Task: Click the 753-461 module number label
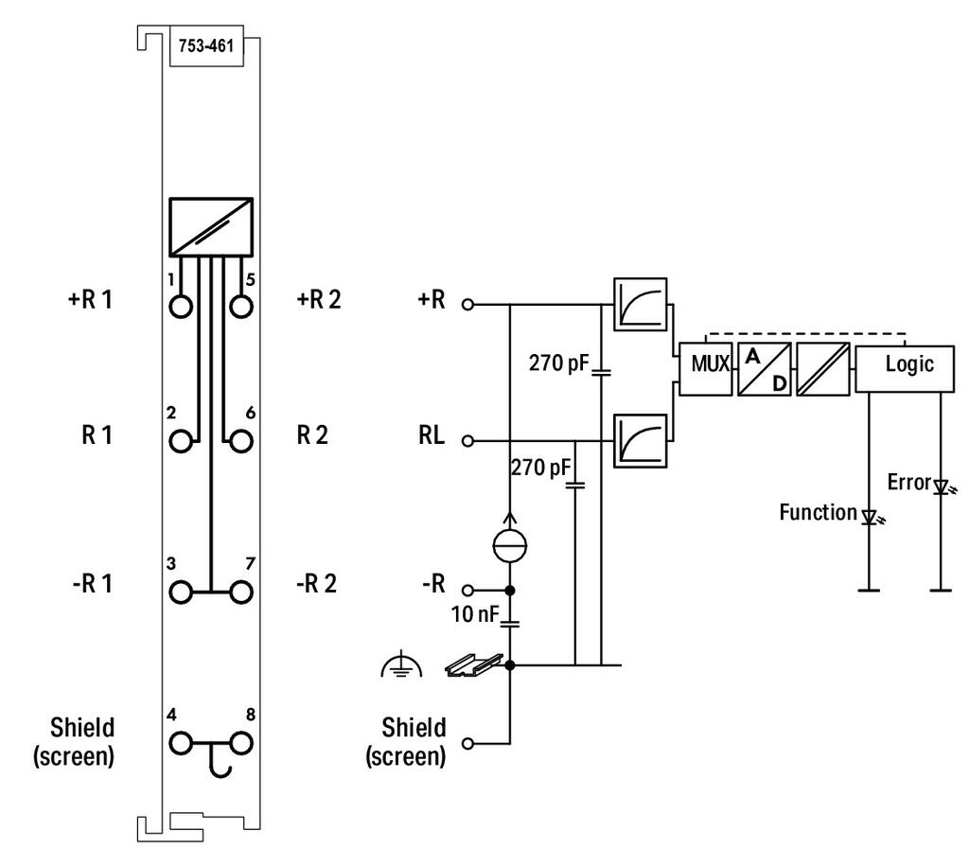[x=206, y=45]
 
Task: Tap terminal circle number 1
[x=181, y=307]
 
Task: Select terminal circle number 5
[x=241, y=307]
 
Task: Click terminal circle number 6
[x=241, y=441]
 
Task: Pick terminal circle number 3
[x=181, y=592]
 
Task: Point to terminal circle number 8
[x=241, y=743]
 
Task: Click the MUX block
[x=706, y=369]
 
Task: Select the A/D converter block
[x=765, y=369]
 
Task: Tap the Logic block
[x=905, y=369]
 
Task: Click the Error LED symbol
[x=943, y=487]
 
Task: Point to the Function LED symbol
[x=872, y=517]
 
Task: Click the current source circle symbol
[x=510, y=545]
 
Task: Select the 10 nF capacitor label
[x=475, y=614]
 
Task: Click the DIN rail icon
[x=474, y=664]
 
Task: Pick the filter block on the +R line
[x=641, y=304]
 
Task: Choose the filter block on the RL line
[x=641, y=441]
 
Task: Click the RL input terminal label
[x=432, y=435]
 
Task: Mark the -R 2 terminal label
[x=316, y=583]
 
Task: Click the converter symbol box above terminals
[x=211, y=227]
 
